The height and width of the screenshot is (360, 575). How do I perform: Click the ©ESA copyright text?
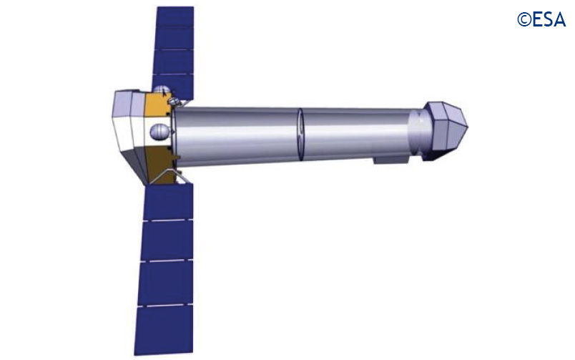pos(541,20)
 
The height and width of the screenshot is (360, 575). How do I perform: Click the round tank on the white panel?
pos(160,132)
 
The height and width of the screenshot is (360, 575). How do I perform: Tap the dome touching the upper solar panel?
pos(162,89)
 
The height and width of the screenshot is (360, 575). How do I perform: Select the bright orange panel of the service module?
pos(157,104)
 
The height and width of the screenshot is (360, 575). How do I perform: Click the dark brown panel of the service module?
pos(160,165)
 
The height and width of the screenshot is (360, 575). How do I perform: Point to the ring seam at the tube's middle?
pos(300,135)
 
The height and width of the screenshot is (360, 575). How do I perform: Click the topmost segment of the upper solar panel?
pos(175,16)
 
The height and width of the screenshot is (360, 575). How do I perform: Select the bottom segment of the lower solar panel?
pos(164,329)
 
